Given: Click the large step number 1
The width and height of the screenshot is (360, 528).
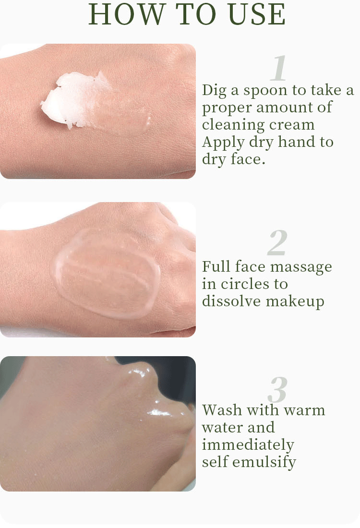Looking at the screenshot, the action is [x=279, y=68].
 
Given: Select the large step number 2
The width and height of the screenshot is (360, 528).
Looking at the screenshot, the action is [x=277, y=243].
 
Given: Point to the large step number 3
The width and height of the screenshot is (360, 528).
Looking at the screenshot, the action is [x=278, y=389].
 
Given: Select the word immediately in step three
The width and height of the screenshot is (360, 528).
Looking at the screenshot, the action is [x=248, y=445].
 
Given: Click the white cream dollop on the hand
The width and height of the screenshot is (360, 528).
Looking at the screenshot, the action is [x=72, y=99].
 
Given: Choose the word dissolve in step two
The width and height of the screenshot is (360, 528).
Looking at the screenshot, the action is [x=232, y=301].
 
